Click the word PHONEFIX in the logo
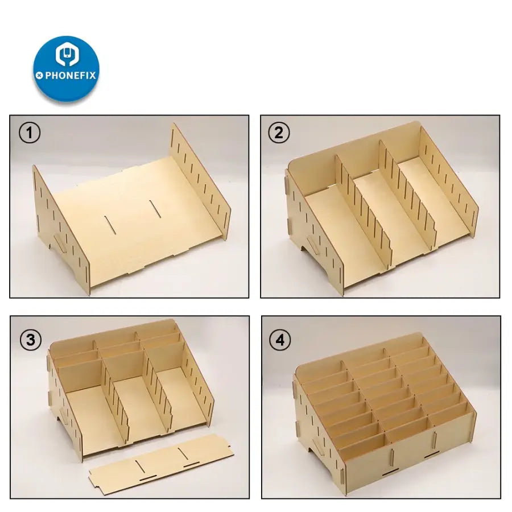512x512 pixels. (x=71, y=76)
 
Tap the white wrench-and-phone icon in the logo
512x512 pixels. (x=67, y=54)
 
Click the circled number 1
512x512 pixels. (x=30, y=133)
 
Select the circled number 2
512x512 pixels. (x=279, y=133)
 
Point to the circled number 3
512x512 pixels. (x=31, y=340)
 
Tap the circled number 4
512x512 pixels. (x=280, y=340)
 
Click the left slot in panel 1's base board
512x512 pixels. (x=110, y=225)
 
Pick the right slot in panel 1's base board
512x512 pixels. (x=155, y=209)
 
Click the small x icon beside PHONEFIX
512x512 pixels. (x=39, y=76)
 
